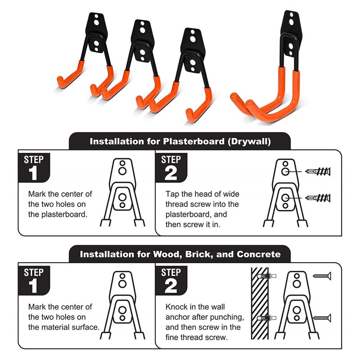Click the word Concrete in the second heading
click(259, 255)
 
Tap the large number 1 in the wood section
click(33, 287)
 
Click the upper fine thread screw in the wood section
click(322, 275)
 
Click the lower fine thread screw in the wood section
click(322, 317)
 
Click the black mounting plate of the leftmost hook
click(96, 32)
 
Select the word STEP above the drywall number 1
click(33, 160)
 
